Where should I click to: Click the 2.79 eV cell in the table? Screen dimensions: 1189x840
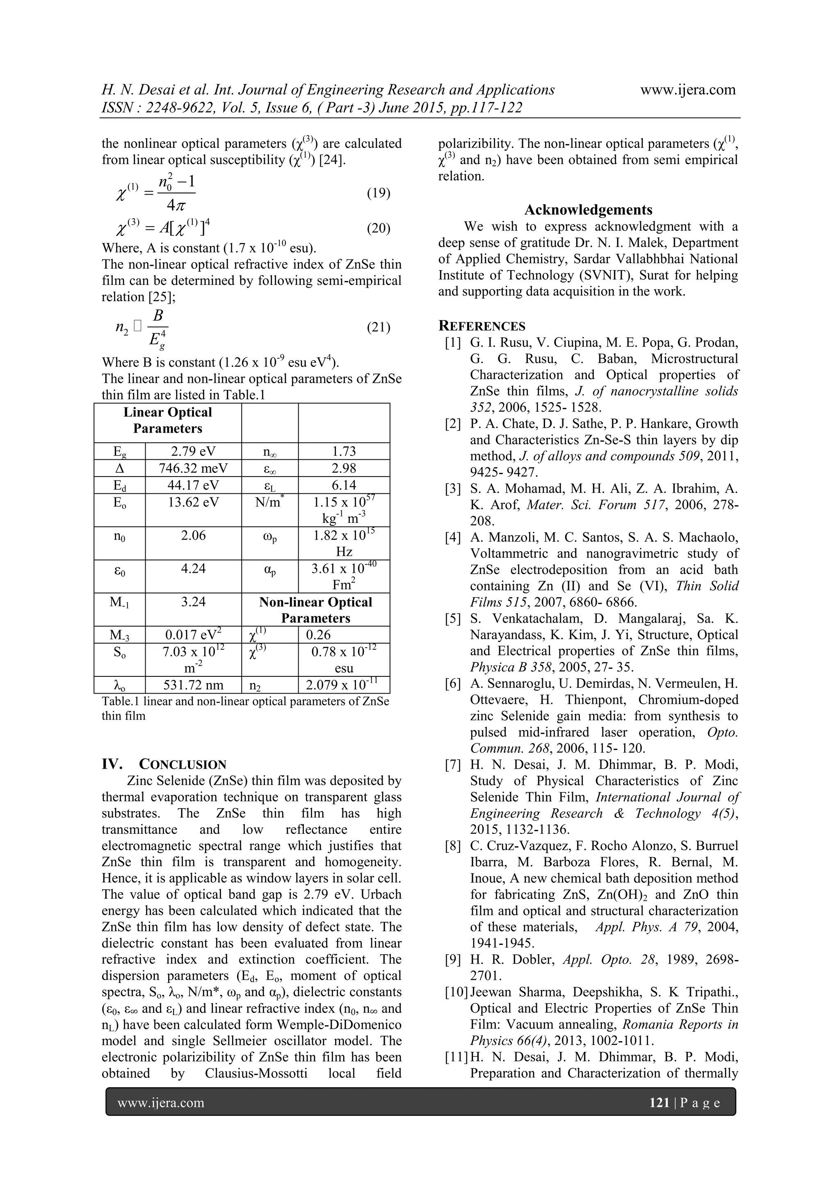click(193, 451)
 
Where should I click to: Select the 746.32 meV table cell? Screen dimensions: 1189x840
click(193, 468)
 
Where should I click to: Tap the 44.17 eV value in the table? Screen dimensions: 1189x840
click(193, 485)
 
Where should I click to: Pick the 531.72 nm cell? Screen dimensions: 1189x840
click(193, 685)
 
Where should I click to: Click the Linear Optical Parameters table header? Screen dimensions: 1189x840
click(168, 421)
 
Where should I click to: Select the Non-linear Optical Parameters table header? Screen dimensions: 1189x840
click(316, 610)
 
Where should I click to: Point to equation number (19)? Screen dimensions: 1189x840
click(378, 193)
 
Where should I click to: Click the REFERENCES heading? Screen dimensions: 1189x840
click(482, 326)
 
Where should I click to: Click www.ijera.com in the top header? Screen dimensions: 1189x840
click(687, 89)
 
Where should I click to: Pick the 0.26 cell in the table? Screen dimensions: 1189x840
click(318, 635)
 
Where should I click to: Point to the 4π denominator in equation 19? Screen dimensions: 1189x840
click(176, 205)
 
